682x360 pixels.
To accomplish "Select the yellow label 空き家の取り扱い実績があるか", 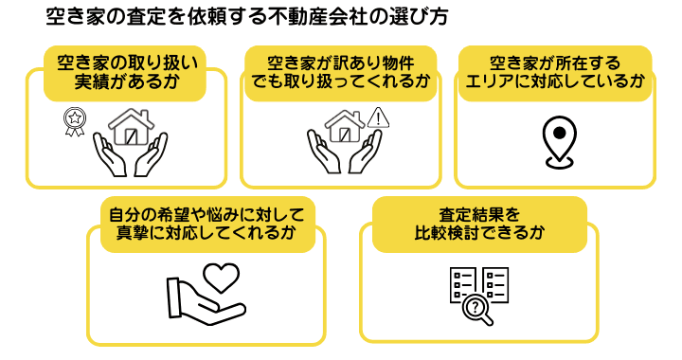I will pyautogui.click(x=126, y=72).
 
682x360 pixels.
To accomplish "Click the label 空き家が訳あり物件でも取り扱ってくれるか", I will pyautogui.click(x=342, y=72).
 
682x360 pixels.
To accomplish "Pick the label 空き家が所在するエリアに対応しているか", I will pyautogui.click(x=555, y=72).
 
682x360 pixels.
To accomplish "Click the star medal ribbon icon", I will pyautogui.click(x=74, y=122).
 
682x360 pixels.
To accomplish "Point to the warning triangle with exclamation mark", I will pyautogui.click(x=378, y=117).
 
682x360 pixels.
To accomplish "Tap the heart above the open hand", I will pyautogui.click(x=221, y=278).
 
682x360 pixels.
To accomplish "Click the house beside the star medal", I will pyautogui.click(x=131, y=127).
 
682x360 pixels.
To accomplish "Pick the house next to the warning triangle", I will pyautogui.click(x=345, y=127).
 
